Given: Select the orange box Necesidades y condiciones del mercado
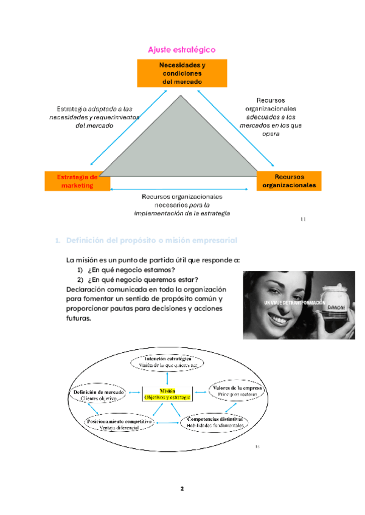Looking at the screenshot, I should pyautogui.click(x=182, y=73).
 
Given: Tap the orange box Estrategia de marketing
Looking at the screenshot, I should pyautogui.click(x=77, y=181).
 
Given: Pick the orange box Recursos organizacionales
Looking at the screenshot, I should pyautogui.click(x=289, y=181).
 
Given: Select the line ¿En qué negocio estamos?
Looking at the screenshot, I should pyautogui.click(x=131, y=270).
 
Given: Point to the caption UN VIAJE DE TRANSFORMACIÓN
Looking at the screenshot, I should pyautogui.click(x=294, y=302).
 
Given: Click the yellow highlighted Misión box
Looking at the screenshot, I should pyautogui.click(x=167, y=394).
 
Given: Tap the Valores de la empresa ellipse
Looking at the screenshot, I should pyautogui.click(x=238, y=391).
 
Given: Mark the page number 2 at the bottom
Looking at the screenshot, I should pyautogui.click(x=182, y=488).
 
